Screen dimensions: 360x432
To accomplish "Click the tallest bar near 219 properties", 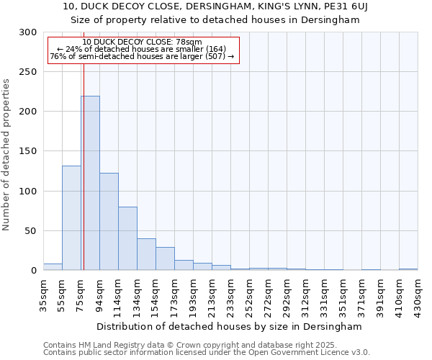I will (90, 184).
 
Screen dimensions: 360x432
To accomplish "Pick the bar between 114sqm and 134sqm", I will (127, 238).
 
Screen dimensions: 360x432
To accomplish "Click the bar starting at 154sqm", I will (165, 258).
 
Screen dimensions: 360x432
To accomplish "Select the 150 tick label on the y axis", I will (28, 152).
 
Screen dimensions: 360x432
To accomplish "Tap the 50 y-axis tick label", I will (31, 231).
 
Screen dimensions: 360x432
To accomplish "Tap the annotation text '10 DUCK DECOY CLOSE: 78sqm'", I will (143, 42).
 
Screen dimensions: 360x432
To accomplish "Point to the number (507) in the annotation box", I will (217, 56).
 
